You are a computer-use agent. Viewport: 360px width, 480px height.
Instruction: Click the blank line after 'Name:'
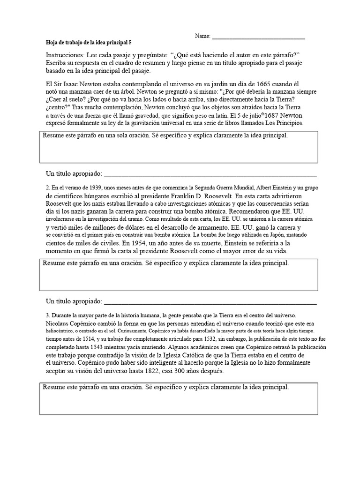pyautogui.click(x=258, y=37)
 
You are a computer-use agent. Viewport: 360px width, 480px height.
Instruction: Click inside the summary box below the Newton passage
pyautogui.click(x=178, y=151)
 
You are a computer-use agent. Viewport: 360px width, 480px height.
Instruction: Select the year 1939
pyautogui.click(x=99, y=188)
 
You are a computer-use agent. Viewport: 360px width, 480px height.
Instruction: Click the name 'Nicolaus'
pyautogui.click(x=59, y=324)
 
